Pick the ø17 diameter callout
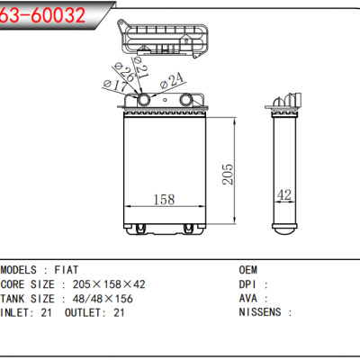[116, 85]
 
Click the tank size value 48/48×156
[106, 298]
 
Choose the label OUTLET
[84, 312]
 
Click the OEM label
[247, 269]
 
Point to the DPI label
[247, 283]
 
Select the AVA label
[247, 298]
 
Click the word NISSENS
[262, 312]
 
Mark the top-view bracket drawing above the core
[167, 40]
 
